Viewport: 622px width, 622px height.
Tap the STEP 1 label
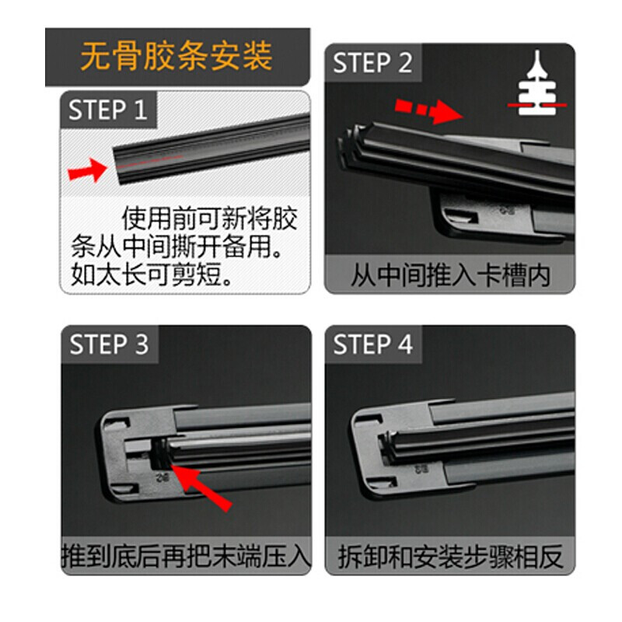(x=107, y=110)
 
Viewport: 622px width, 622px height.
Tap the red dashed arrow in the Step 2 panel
(x=425, y=110)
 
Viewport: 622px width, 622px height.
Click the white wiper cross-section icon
(x=537, y=85)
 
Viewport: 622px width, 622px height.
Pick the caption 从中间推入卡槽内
(x=449, y=275)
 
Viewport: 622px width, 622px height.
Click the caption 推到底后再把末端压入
(x=186, y=556)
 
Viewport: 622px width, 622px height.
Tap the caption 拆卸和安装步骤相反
(x=450, y=556)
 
